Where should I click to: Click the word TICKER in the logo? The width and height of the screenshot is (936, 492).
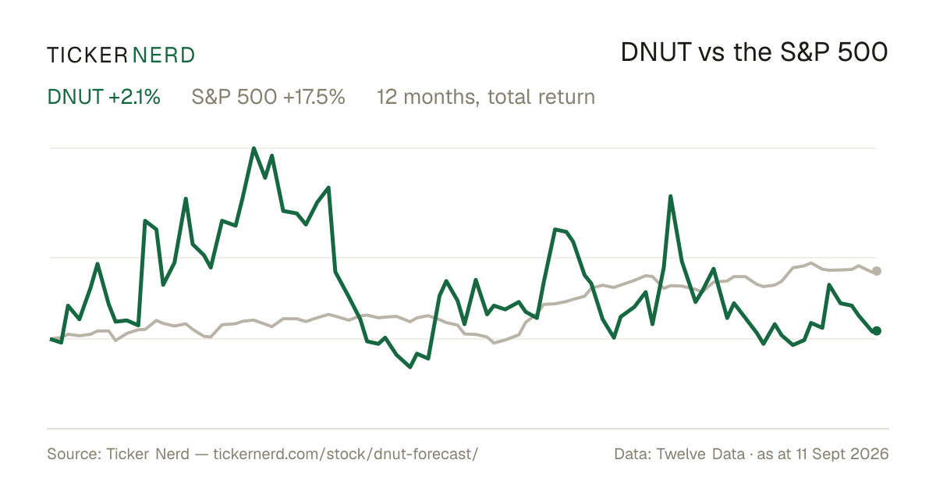(87, 55)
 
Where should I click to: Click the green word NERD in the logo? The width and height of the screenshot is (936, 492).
(163, 55)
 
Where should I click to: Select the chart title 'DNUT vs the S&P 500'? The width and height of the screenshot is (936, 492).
(754, 52)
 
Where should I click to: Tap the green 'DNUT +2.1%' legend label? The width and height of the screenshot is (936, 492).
(104, 97)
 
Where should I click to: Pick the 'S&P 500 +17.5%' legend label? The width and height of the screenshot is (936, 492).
(268, 97)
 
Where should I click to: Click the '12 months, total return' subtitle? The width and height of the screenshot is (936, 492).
(486, 97)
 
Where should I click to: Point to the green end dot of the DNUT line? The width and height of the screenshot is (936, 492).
(877, 331)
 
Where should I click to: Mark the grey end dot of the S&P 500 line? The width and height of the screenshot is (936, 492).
(877, 271)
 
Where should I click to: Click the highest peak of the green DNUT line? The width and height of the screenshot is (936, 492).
(253, 148)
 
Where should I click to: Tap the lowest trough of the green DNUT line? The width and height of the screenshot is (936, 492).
(410, 367)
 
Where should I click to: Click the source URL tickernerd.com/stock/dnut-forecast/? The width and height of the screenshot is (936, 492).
(346, 454)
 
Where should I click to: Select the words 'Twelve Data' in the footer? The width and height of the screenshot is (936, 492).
(700, 454)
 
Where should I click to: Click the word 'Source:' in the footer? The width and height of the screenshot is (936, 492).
(74, 454)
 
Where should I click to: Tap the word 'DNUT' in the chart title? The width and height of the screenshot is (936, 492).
(656, 52)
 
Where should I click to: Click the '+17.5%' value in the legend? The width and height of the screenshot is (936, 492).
(314, 97)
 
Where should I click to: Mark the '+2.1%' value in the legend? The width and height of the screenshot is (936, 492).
(134, 97)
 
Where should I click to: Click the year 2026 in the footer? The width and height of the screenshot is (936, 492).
(871, 454)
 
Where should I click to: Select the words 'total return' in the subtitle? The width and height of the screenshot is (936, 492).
(541, 97)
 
